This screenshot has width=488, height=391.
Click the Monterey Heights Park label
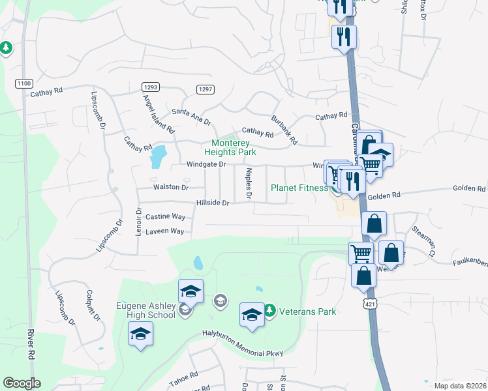point(234,147)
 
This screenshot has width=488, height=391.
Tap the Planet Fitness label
point(299,188)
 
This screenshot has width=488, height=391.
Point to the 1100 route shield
point(24,83)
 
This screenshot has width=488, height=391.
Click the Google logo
point(21,383)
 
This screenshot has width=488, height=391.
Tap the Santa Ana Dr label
point(191,117)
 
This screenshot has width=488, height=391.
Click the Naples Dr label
point(248,183)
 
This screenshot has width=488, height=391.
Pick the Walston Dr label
point(170,187)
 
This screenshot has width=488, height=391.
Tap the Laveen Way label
point(164,231)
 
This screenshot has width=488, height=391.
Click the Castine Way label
point(165,216)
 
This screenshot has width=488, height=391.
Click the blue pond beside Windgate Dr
point(158,156)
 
